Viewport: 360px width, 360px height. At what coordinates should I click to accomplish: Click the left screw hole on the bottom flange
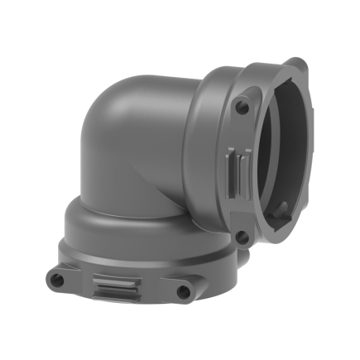click(x=57, y=280)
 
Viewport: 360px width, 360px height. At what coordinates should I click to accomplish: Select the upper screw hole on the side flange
click(x=241, y=108)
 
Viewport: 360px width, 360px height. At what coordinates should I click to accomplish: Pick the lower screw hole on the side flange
click(x=241, y=236)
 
